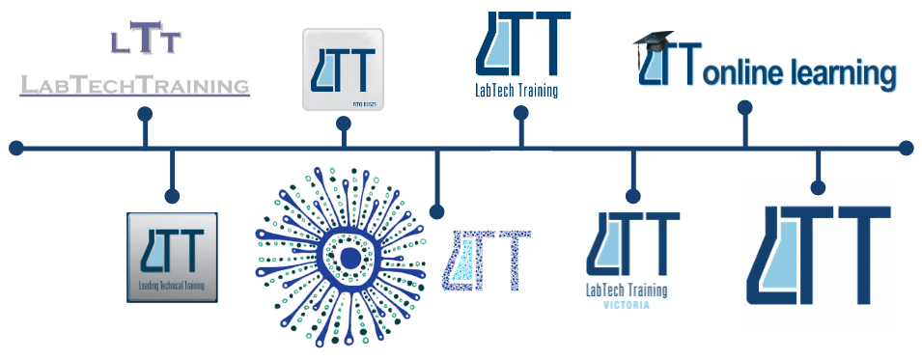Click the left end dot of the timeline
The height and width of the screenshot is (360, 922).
(x=15, y=148)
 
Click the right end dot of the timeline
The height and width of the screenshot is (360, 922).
(x=906, y=148)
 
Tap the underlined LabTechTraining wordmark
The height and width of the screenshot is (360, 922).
(x=134, y=86)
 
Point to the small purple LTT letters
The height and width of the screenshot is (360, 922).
(x=145, y=40)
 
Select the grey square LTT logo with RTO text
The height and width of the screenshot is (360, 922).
(x=343, y=69)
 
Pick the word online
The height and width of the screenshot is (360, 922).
(x=749, y=74)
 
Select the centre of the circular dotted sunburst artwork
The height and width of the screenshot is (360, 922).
(x=343, y=255)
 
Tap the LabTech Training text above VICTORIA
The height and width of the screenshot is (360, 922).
(x=627, y=290)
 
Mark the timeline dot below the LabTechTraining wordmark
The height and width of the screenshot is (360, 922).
(x=145, y=114)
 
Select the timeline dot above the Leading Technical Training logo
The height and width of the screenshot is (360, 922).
(x=172, y=196)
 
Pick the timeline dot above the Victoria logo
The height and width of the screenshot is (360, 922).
(x=633, y=195)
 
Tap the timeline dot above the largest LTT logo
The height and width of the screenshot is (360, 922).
(x=818, y=187)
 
